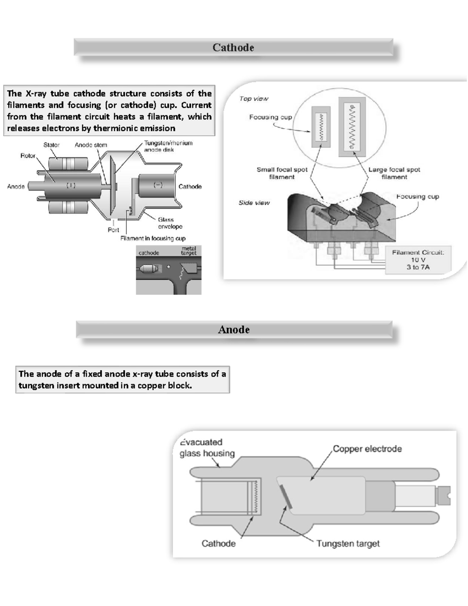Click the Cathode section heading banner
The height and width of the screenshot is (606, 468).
(x=233, y=48)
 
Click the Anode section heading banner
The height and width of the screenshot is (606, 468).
(x=234, y=330)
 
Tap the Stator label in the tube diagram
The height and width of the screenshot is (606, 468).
(x=51, y=145)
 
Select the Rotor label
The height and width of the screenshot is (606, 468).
(x=28, y=156)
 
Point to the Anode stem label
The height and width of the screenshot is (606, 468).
(x=91, y=145)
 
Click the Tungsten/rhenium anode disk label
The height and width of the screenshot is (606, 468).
(x=168, y=146)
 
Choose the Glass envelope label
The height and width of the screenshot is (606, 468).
(x=170, y=223)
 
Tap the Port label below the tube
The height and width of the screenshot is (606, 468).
(x=113, y=230)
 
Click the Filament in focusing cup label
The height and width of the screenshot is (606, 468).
(x=153, y=238)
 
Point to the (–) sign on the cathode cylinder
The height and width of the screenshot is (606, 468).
(x=158, y=185)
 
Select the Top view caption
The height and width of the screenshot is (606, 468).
(x=254, y=99)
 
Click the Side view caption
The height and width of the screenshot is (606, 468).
(x=254, y=203)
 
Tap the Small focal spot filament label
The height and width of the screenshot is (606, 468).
(x=282, y=173)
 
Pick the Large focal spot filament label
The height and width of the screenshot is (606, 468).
(x=394, y=173)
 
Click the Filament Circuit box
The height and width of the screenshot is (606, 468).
(x=418, y=260)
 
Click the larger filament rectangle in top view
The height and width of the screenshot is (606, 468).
(x=352, y=127)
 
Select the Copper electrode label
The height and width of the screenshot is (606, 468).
(x=367, y=449)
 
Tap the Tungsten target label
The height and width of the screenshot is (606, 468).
(x=348, y=544)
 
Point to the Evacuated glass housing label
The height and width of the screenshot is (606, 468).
(x=207, y=448)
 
